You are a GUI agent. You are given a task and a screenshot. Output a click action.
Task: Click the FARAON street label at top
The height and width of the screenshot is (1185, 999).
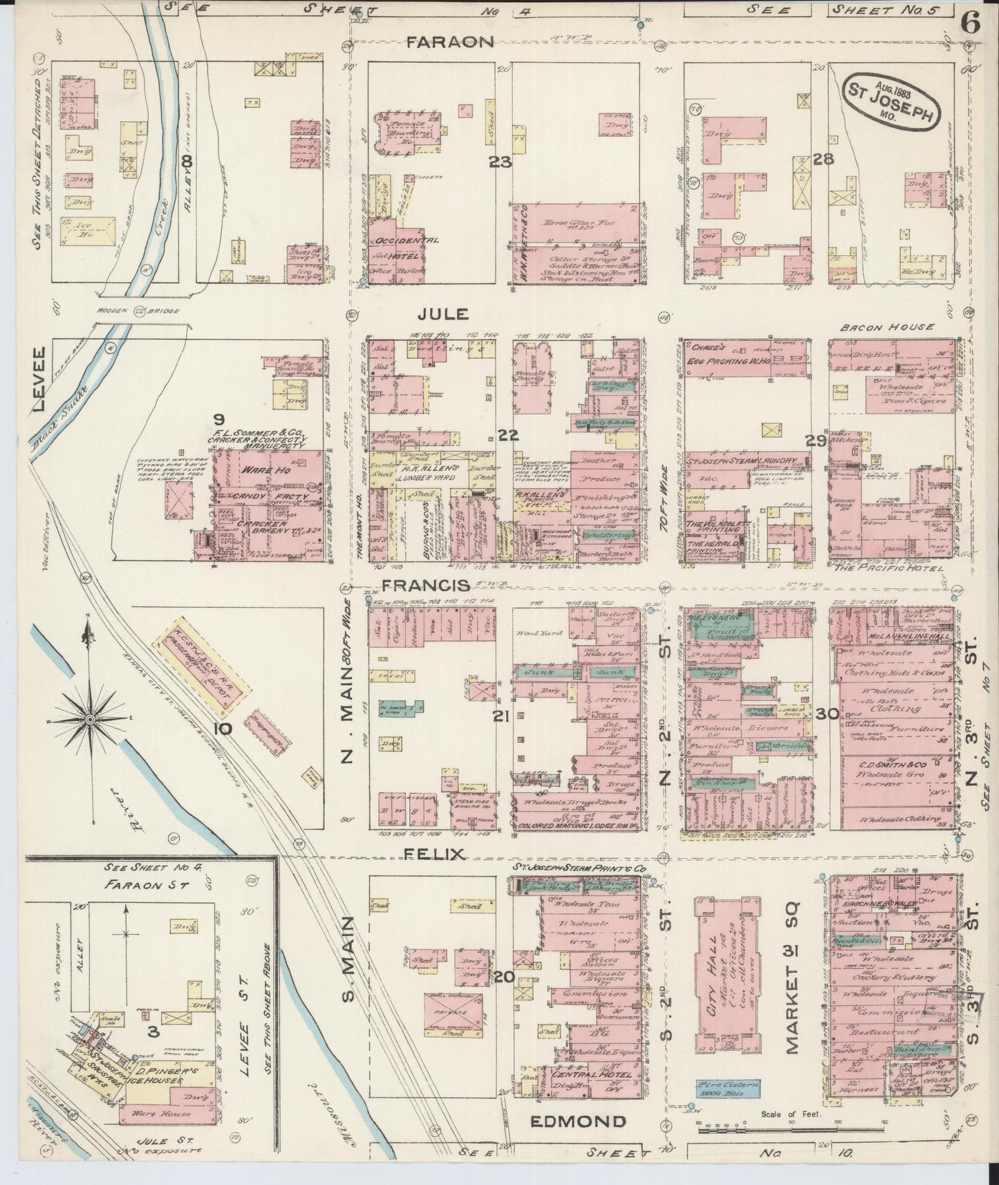tap(449, 42)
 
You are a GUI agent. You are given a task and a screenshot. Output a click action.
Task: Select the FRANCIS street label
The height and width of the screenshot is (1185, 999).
tap(421, 585)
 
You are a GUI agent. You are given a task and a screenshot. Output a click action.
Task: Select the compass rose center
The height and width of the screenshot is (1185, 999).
tap(89, 720)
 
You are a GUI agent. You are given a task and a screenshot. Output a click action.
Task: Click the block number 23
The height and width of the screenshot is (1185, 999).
tap(500, 162)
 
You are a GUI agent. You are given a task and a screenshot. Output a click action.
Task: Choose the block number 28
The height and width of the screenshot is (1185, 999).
tap(823, 160)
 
